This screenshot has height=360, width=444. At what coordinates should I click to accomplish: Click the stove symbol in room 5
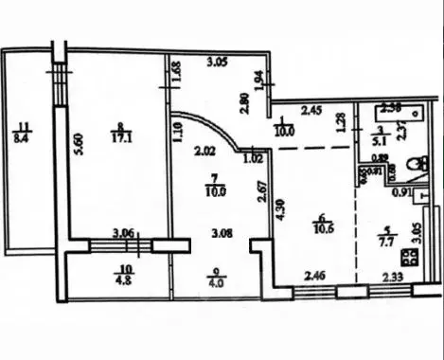[410, 256]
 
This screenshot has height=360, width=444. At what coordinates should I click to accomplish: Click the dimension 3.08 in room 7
[222, 231]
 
